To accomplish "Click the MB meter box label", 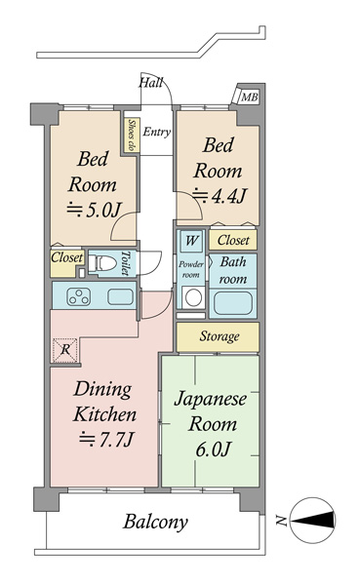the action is [249, 97].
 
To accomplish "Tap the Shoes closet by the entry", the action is [132, 136].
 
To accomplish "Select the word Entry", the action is [156, 132].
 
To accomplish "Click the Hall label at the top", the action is [151, 83].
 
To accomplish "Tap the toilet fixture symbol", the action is [102, 263].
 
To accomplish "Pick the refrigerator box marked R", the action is [65, 350].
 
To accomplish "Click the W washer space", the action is [191, 241].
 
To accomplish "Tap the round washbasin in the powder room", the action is [194, 298].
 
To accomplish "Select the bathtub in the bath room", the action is [232, 303].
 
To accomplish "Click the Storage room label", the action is [220, 336].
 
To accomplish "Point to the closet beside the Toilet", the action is [67, 263].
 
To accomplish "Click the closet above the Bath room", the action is [233, 240].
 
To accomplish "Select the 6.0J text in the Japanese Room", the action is [214, 449].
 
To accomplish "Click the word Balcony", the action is [155, 522].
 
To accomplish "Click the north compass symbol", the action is [312, 520].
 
